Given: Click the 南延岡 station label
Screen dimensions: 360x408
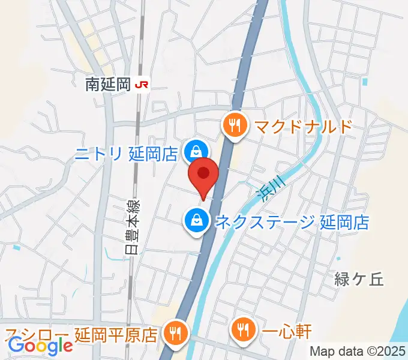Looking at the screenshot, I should point(108,85).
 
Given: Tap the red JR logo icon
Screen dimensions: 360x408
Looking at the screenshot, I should point(142,85).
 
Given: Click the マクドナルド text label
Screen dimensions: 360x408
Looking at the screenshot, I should point(302,127).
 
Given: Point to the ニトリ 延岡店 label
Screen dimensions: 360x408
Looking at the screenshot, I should point(127,154).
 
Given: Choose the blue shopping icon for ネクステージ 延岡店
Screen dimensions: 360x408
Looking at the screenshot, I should point(196,220).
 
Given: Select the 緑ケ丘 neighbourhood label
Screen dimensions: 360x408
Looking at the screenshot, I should point(358,278).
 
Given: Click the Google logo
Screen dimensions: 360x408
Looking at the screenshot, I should point(40,346).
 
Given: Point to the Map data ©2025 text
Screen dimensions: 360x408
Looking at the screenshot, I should point(357,351).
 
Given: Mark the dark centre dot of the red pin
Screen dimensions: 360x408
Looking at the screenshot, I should point(203,173).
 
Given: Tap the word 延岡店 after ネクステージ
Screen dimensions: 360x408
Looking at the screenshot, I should point(344,222).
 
